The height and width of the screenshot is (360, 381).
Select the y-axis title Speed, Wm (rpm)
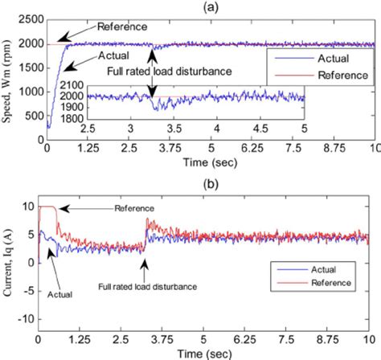click(8, 80)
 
